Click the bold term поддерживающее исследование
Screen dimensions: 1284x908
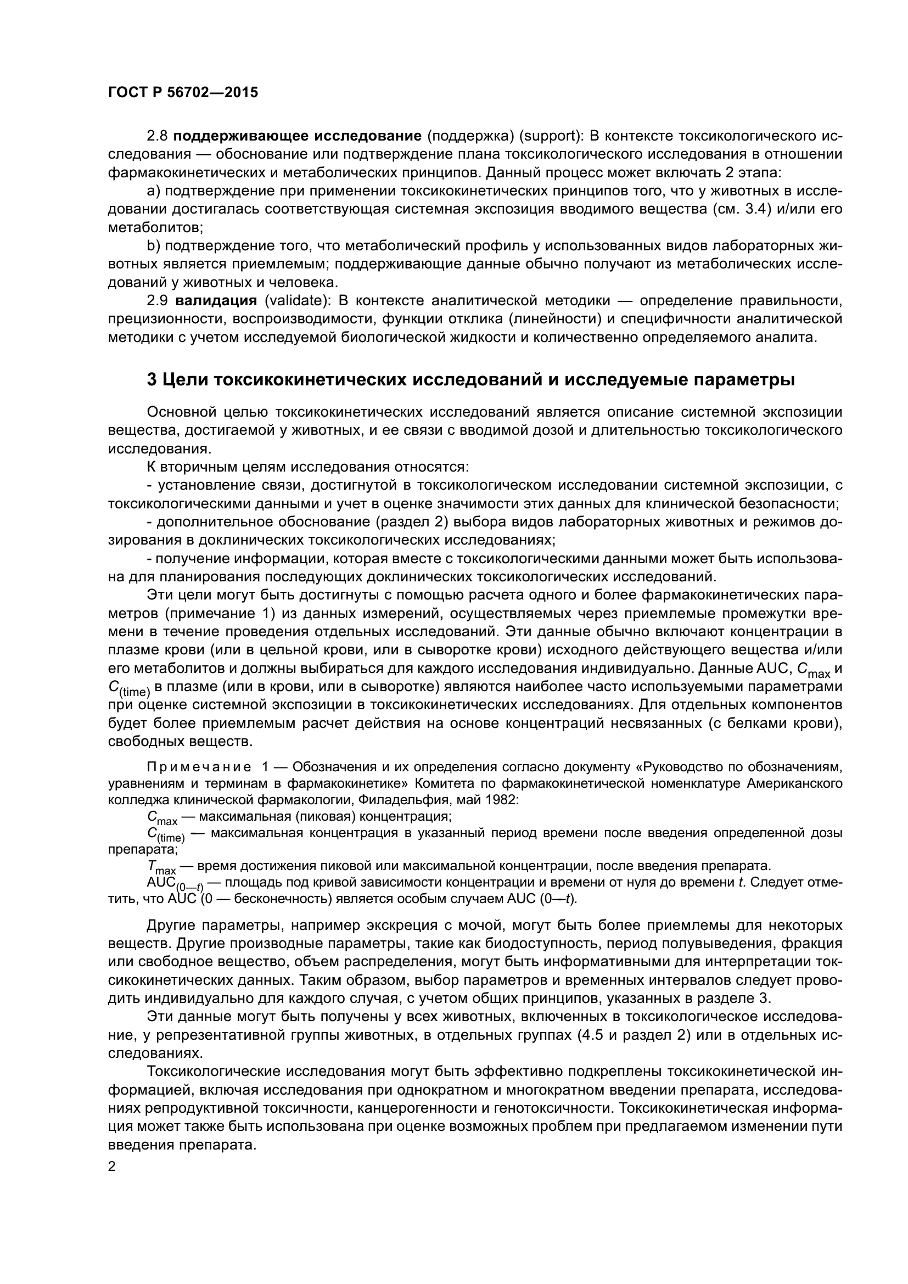(x=298, y=137)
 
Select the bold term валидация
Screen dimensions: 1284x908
(x=216, y=301)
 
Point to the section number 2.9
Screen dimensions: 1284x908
(x=157, y=301)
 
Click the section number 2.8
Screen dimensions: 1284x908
(x=157, y=137)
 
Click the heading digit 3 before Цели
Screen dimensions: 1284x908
(x=152, y=380)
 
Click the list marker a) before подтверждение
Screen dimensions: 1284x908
(x=153, y=191)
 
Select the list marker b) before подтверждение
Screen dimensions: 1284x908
(x=153, y=246)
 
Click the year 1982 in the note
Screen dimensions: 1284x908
(x=505, y=800)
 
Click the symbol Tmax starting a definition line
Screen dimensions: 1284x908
(x=161, y=867)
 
